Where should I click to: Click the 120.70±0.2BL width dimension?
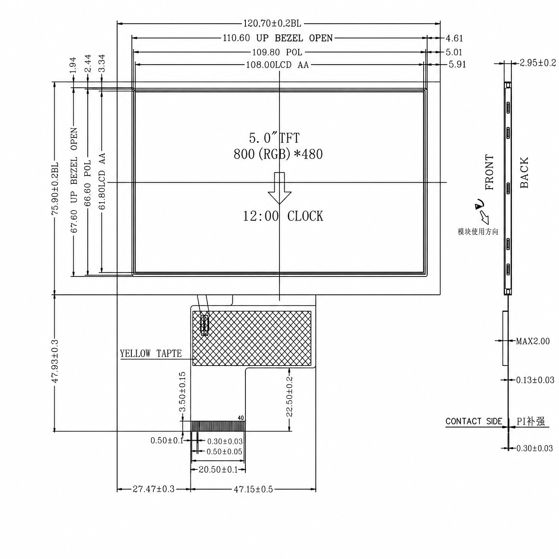pyautogui.click(x=272, y=24)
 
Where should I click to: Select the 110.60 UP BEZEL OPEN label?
pyautogui.click(x=278, y=38)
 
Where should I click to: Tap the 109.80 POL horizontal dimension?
pyautogui.click(x=277, y=52)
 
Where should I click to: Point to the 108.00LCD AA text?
pyautogui.click(x=277, y=65)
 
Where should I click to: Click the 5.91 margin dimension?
pyautogui.click(x=457, y=64)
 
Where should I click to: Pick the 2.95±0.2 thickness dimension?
pyautogui.click(x=538, y=62)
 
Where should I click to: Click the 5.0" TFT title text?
pyautogui.click(x=274, y=138)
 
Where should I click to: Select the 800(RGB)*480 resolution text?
pyautogui.click(x=278, y=154)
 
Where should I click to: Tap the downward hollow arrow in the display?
pyautogui.click(x=279, y=188)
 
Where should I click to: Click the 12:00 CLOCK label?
pyautogui.click(x=283, y=217)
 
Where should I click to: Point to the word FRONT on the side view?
pyautogui.click(x=490, y=172)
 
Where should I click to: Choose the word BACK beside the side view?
pyautogui.click(x=524, y=173)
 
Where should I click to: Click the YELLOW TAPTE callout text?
pyautogui.click(x=151, y=354)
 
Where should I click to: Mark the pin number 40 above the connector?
pyautogui.click(x=241, y=418)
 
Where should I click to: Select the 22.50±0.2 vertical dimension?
pyautogui.click(x=290, y=397)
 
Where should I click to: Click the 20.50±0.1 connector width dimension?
pyautogui.click(x=218, y=469)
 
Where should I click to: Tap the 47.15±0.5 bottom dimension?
pyautogui.click(x=253, y=490)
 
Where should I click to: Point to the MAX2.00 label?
pyautogui.click(x=533, y=341)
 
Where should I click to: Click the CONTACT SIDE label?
pyautogui.click(x=474, y=421)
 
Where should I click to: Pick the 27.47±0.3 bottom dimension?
pyautogui.click(x=153, y=489)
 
